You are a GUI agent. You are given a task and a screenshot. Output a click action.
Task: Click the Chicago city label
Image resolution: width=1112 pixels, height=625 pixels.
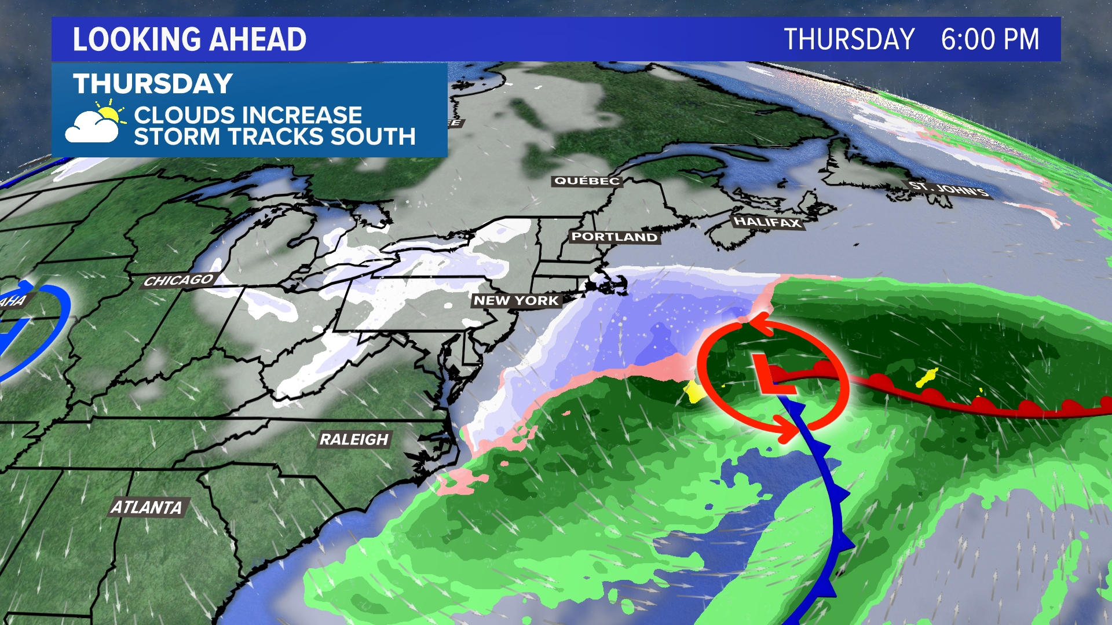pyautogui.click(x=178, y=281)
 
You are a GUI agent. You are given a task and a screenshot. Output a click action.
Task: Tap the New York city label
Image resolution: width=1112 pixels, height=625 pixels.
pyautogui.click(x=516, y=300)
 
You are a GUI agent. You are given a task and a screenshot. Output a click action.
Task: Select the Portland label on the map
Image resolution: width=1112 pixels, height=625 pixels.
pyautogui.click(x=614, y=237)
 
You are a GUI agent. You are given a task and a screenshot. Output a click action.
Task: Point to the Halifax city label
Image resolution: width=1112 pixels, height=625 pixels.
pyautogui.click(x=767, y=222)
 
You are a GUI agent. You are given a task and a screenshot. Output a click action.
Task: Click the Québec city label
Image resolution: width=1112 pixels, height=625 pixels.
pyautogui.click(x=587, y=181)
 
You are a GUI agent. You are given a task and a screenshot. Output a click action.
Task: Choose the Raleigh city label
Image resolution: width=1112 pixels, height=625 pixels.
pyautogui.click(x=354, y=439)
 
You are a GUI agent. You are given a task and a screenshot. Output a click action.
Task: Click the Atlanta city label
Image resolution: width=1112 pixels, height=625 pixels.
pyautogui.click(x=147, y=508)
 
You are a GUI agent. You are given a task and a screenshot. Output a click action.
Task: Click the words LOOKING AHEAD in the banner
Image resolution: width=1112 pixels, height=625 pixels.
pyautogui.click(x=189, y=39)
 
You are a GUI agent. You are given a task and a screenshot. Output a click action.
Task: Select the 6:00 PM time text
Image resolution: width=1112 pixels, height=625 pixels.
pyautogui.click(x=990, y=39)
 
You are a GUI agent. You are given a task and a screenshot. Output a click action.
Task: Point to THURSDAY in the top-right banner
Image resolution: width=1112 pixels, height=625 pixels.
pyautogui.click(x=849, y=39)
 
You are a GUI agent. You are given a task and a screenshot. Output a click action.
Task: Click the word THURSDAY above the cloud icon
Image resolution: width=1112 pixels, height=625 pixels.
pyautogui.click(x=153, y=84)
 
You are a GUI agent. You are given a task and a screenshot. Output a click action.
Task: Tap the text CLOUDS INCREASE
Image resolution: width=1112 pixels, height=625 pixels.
pyautogui.click(x=248, y=115)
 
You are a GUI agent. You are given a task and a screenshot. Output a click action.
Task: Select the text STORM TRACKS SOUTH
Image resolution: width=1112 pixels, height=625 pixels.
pyautogui.click(x=275, y=137)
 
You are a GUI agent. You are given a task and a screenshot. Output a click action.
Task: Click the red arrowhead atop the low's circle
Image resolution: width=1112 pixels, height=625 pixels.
pyautogui.click(x=760, y=324)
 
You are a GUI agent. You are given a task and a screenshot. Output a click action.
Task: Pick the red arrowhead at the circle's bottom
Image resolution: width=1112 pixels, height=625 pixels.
pyautogui.click(x=787, y=428)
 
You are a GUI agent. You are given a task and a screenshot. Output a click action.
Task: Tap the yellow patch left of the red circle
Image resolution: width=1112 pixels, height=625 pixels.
pyautogui.click(x=693, y=392)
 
